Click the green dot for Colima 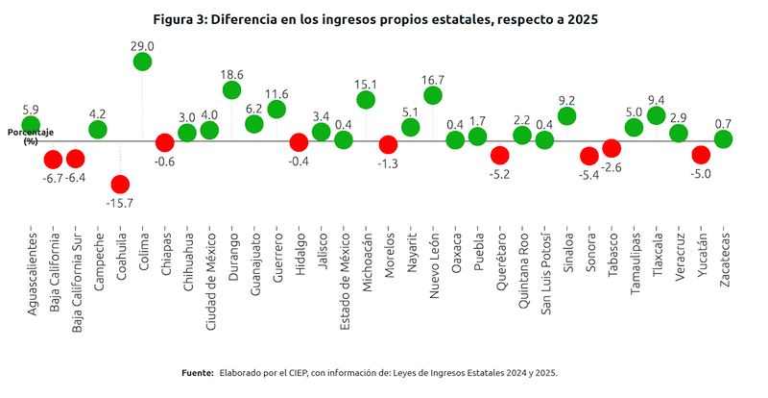point(142,62)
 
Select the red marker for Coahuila point(120,184)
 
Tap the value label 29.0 point(142,45)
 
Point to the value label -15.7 point(120,202)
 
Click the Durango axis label point(231,256)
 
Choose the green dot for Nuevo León point(433,95)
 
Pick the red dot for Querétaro point(499,155)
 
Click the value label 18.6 point(231,73)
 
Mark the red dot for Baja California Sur point(75,159)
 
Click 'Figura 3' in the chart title point(183,18)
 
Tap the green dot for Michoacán point(366,100)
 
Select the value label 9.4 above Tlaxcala point(657,99)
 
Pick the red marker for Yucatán point(701,155)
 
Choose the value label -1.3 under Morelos point(388,163)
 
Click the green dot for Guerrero point(276,110)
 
